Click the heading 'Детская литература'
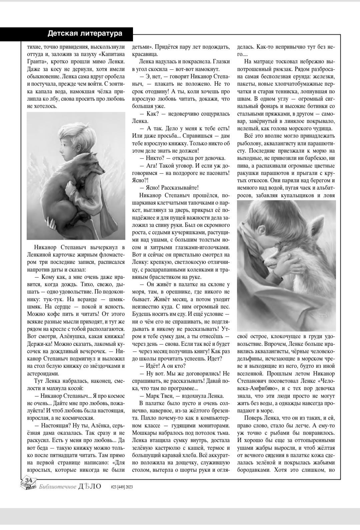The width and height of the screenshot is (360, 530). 85,33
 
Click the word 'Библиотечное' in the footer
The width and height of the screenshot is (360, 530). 57,486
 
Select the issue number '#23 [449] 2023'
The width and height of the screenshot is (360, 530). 122,487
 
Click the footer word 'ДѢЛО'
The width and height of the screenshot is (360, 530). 89,486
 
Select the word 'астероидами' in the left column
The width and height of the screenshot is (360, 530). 42,373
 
